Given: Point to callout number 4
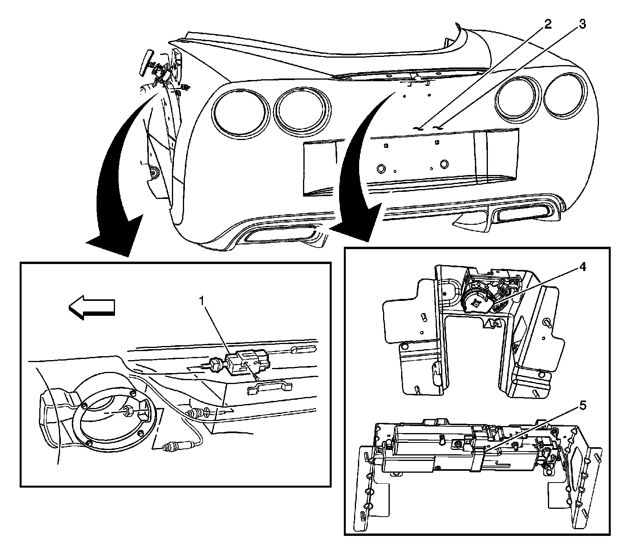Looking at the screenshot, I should pos(583,268).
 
